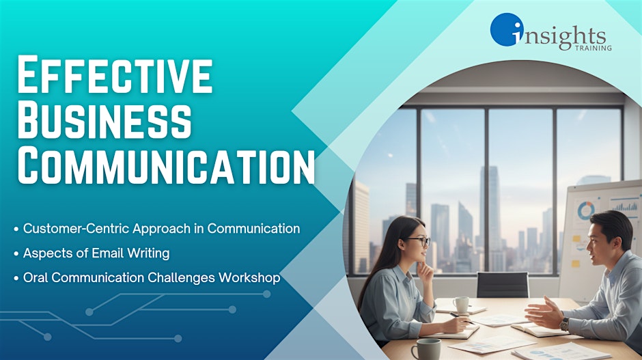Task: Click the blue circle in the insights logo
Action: pyautogui.click(x=507, y=29)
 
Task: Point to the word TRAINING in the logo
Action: pyautogui.click(x=594, y=48)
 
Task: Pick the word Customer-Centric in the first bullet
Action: pyautogui.click(x=76, y=228)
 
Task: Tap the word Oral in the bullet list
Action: pyautogui.click(x=36, y=277)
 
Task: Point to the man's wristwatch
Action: pyautogui.click(x=565, y=324)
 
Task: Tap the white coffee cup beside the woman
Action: pyautogui.click(x=461, y=305)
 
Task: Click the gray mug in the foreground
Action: pyautogui.click(x=425, y=349)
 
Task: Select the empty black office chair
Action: pyautogui.click(x=503, y=285)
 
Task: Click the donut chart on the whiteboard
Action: pyautogui.click(x=586, y=210)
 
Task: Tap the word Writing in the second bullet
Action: pyautogui.click(x=148, y=253)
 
